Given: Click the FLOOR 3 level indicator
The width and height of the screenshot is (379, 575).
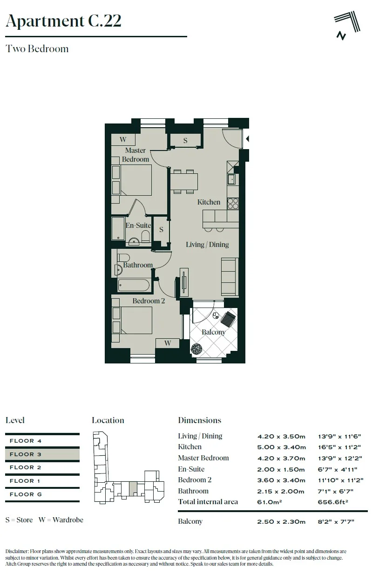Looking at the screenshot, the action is coord(42,454).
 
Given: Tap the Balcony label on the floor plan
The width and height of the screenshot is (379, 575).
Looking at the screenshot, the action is coord(213,332).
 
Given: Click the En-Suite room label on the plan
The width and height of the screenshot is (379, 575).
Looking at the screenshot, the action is coord(138,226).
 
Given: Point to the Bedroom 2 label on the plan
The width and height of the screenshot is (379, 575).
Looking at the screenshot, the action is coord(149,301).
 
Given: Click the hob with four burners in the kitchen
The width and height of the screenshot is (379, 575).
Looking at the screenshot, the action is coord(233,203).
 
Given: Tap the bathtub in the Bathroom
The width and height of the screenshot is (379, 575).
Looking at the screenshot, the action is coord(134,285).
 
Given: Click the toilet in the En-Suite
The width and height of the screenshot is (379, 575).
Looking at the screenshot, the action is coord(145,235).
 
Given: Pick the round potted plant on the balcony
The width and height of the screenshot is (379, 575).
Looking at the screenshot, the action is coord(196,349).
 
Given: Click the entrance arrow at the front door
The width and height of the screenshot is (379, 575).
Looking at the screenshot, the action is coord(247,139).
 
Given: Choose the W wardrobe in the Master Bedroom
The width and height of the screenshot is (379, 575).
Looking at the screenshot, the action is coord(123,140).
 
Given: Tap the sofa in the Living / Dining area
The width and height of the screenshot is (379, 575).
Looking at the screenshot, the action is coord(230,277).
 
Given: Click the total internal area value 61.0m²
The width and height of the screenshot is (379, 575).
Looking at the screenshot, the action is coord(269,502).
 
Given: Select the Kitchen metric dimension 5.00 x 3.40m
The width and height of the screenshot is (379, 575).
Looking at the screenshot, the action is coord(281,447).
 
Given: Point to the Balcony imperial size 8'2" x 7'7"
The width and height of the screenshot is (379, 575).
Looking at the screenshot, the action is coord(336,521).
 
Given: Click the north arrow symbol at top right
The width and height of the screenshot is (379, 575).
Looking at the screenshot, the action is coord(348,26).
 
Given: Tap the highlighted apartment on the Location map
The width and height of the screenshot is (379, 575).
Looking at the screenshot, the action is coord(132,489).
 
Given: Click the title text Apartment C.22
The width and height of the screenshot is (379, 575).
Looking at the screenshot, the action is coord(63,21).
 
